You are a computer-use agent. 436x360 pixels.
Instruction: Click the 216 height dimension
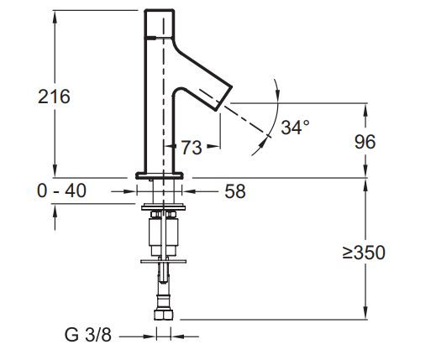coord(54,96)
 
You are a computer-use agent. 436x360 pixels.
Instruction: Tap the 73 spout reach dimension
coord(191,148)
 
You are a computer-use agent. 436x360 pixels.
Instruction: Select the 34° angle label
coord(295,128)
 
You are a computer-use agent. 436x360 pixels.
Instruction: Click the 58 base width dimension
coord(236,192)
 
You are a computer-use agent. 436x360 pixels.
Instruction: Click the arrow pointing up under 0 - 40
coord(55,211)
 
